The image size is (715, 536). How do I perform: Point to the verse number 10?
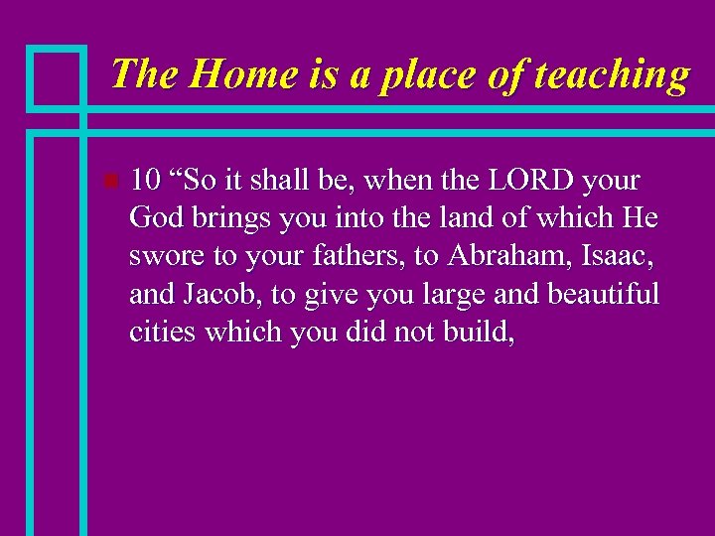tap(145, 182)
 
